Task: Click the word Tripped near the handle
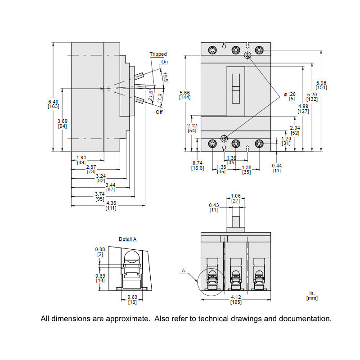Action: pyautogui.click(x=158, y=54)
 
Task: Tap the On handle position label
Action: pyautogui.click(x=164, y=61)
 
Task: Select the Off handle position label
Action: pyautogui.click(x=159, y=112)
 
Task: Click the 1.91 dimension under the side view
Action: pyautogui.click(x=81, y=157)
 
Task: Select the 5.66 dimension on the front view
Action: pyautogui.click(x=184, y=93)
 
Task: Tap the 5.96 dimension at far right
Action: pyautogui.click(x=321, y=82)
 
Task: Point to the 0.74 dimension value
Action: pyautogui.click(x=198, y=162)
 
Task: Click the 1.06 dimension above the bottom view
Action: pyautogui.click(x=236, y=196)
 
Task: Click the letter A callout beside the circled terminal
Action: pyautogui.click(x=183, y=270)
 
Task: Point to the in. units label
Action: pyautogui.click(x=312, y=293)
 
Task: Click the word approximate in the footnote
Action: pyautogui.click(x=127, y=319)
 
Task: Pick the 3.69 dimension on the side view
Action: pyautogui.click(x=63, y=121)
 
